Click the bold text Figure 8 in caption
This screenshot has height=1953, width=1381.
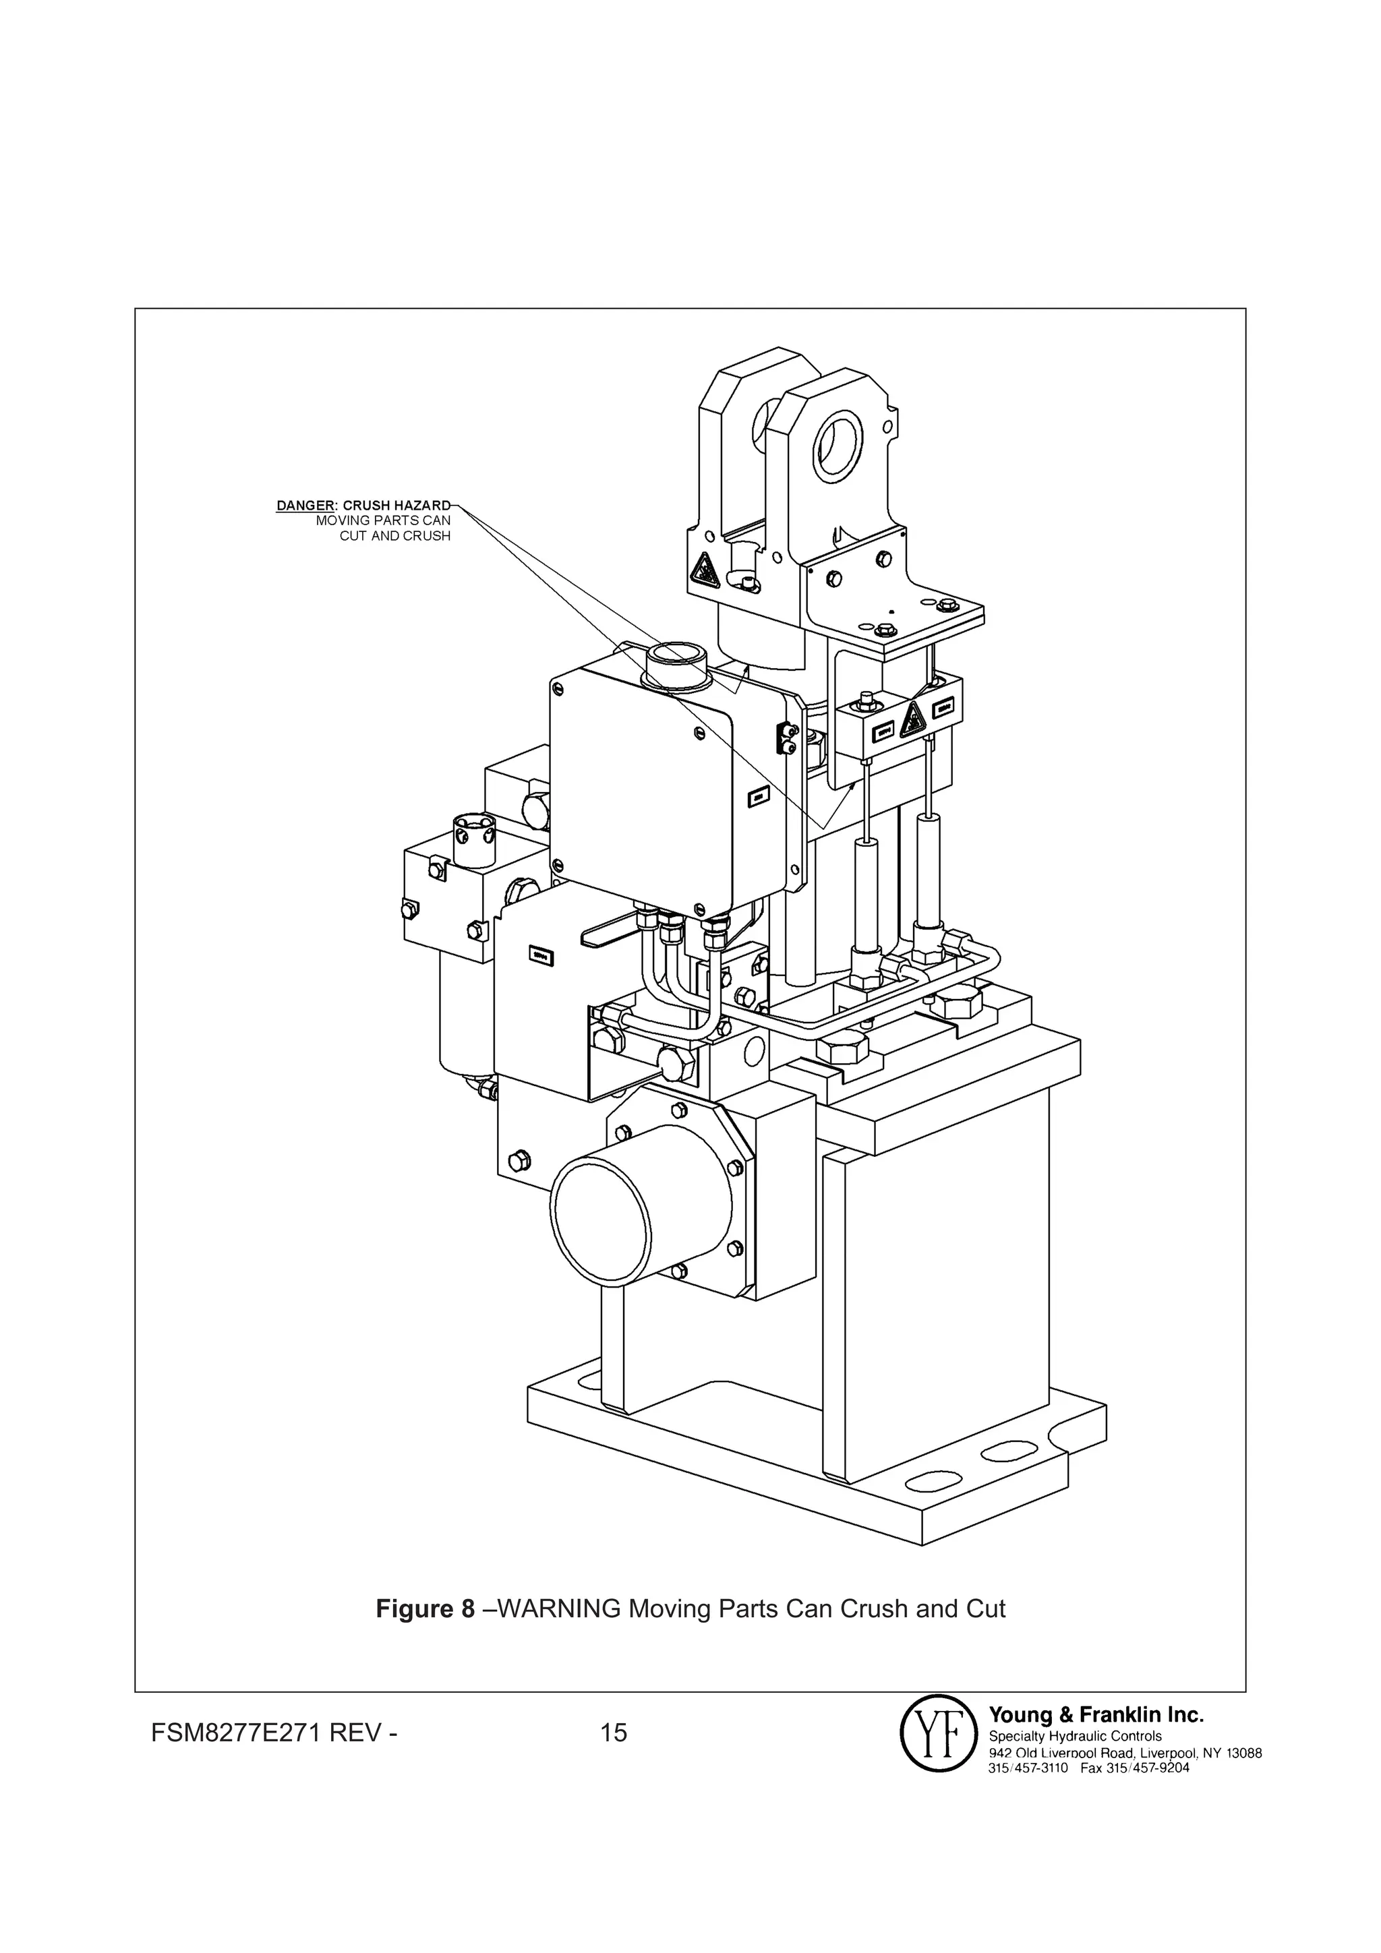click(x=425, y=1609)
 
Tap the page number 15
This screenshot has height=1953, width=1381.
click(x=614, y=1732)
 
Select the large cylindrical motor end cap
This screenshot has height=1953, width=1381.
click(x=640, y=1223)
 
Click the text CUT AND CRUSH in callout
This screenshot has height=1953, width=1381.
click(x=395, y=536)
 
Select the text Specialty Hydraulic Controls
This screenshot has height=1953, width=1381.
click(x=1075, y=1736)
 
